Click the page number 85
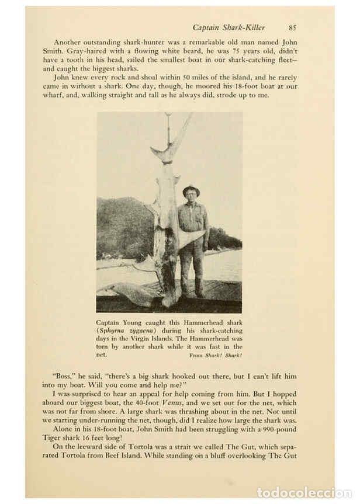292,27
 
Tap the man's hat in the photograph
191,190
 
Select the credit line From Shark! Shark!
216,355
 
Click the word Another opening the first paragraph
71,42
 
